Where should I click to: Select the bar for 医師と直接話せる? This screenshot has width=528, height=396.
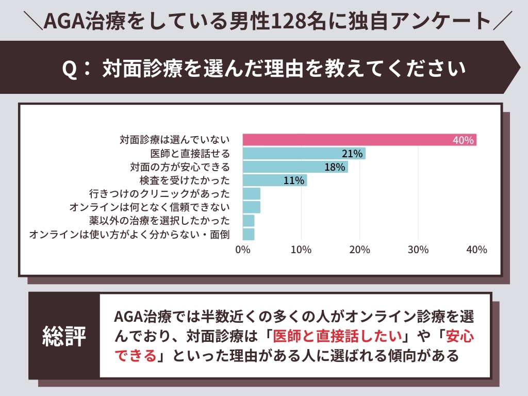304,153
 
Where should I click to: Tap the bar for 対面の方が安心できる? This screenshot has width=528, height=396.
295,167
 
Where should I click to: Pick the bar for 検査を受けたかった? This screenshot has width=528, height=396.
274,180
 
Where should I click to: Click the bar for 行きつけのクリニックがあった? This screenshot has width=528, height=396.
251,194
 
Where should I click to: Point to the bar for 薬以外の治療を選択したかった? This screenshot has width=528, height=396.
248,221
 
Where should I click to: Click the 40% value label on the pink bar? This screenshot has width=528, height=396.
463,140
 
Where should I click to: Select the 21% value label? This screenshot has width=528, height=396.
353,154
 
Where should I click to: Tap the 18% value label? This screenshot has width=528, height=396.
335,167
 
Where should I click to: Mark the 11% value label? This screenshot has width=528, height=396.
294,180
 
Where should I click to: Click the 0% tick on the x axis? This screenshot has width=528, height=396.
242,250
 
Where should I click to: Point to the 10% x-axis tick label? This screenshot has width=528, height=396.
301,250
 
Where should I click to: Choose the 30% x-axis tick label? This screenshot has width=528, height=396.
418,250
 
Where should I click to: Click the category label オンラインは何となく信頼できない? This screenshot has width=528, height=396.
149,207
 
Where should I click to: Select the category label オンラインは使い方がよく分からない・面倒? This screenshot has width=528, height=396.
129,235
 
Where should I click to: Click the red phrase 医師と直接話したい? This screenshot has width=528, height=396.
337,336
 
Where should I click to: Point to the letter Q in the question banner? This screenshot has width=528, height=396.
69,69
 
